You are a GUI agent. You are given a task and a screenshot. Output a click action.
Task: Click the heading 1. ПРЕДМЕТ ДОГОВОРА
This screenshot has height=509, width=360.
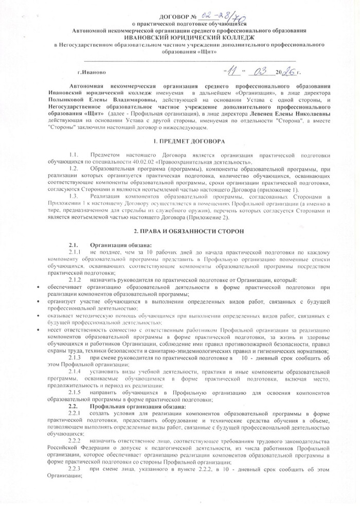click(x=179, y=140)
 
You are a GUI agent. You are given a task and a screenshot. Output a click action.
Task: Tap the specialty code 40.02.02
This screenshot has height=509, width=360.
click(x=122, y=161)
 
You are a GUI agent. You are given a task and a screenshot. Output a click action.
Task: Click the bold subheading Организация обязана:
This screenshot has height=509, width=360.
click(x=120, y=245)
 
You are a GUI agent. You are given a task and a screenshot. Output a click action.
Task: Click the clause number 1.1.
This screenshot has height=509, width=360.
click(x=73, y=154)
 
